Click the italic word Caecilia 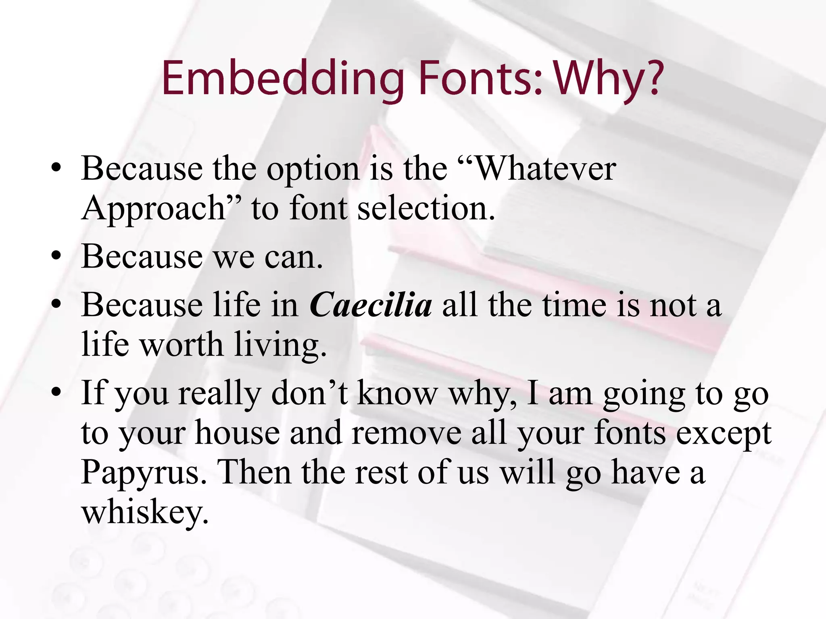point(371,305)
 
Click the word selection point(426,208)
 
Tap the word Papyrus point(144,472)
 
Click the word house point(237,433)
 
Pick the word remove point(406,433)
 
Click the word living point(280,345)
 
